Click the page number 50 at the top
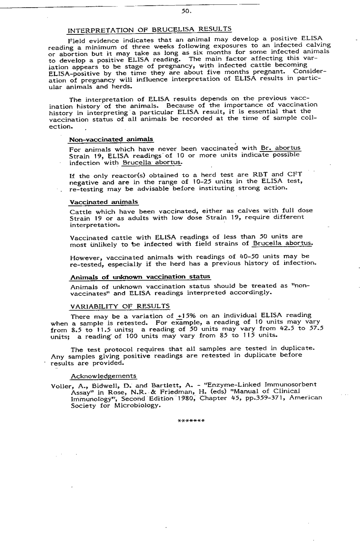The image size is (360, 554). [186, 11]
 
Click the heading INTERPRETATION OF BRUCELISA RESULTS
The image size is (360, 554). [150, 30]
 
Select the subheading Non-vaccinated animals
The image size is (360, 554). [111, 139]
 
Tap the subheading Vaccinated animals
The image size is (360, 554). [104, 202]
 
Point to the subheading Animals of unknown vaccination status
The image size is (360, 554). [140, 277]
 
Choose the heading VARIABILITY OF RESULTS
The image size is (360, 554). [120, 306]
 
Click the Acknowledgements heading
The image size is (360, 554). [104, 376]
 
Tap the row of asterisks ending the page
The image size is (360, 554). [191, 421]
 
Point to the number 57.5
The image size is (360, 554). [316, 329]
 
